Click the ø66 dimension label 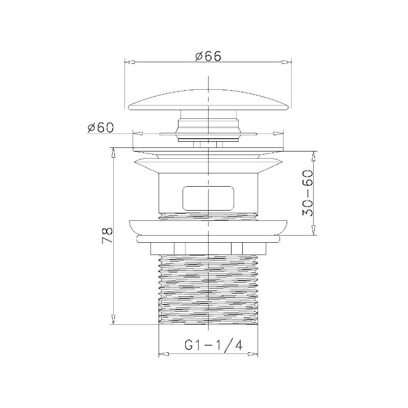[208, 56]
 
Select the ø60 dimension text [100, 127]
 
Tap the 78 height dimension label [107, 235]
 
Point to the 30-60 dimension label [308, 193]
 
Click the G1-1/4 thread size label [214, 345]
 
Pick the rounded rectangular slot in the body [209, 198]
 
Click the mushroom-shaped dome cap [209, 100]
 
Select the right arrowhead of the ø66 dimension [287, 62]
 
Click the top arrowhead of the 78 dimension [113, 152]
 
